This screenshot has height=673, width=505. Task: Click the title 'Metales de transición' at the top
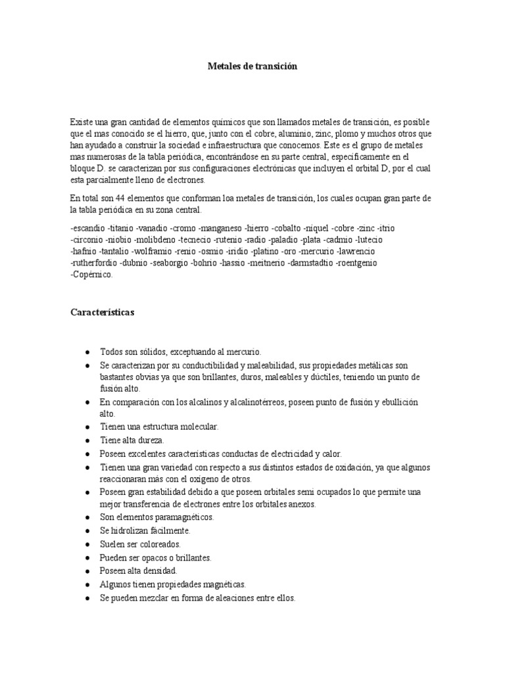point(252,66)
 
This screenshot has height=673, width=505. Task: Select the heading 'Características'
point(102,313)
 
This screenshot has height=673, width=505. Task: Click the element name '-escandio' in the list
point(88,228)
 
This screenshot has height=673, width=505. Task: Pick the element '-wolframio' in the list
point(152,252)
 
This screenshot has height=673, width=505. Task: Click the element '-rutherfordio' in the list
point(95,264)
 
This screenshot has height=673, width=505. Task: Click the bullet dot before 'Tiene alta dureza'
point(88,440)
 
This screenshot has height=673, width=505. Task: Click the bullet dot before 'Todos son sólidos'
point(88,352)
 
